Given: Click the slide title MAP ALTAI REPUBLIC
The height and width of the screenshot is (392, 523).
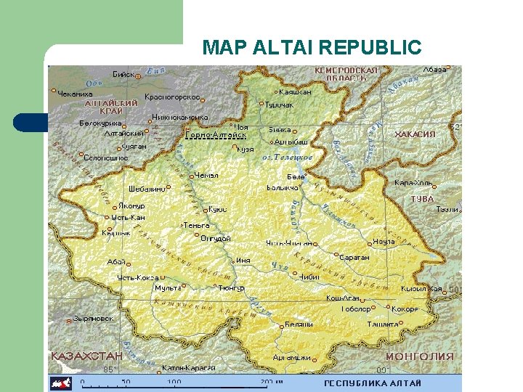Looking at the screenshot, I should click(312, 48).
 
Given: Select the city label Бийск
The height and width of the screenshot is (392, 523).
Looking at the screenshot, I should click(123, 74).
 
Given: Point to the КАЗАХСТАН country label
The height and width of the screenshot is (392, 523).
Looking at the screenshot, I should click(86, 356).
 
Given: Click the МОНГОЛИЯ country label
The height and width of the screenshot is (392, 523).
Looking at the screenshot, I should click(419, 356).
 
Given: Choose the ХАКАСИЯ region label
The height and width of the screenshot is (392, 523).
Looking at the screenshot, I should click(415, 134).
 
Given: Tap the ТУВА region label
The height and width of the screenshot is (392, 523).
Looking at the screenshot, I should click(422, 199).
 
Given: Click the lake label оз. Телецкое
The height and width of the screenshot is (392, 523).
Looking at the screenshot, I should click(288, 157).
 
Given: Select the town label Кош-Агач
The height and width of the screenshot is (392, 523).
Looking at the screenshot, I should click(342, 298).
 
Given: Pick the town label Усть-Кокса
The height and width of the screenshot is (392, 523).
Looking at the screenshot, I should click(138, 277).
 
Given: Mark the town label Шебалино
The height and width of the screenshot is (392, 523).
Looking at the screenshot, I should click(146, 187).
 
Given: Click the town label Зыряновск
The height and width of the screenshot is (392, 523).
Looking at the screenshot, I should click(93, 319).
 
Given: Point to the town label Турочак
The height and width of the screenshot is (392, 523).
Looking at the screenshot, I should click(279, 105).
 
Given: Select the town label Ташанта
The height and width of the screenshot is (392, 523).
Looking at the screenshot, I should click(382, 324).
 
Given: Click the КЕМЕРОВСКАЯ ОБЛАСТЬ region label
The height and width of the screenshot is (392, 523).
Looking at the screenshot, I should click(346, 74).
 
